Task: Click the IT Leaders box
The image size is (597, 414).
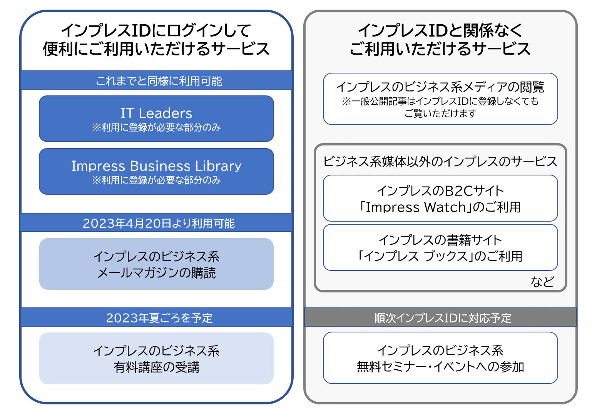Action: (x=156, y=119)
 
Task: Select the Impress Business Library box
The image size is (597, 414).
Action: (x=156, y=171)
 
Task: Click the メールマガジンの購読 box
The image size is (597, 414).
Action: (x=156, y=264)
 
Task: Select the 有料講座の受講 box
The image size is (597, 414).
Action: (x=156, y=358)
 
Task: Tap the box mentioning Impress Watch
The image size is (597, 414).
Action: (x=440, y=198)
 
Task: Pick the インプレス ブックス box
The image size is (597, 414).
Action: (x=440, y=247)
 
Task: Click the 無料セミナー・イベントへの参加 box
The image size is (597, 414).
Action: (x=440, y=358)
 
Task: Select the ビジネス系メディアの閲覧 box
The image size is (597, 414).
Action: (x=440, y=99)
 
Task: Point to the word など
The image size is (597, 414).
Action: (x=542, y=282)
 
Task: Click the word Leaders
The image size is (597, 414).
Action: (x=165, y=113)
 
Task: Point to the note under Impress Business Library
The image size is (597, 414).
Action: (x=156, y=180)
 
